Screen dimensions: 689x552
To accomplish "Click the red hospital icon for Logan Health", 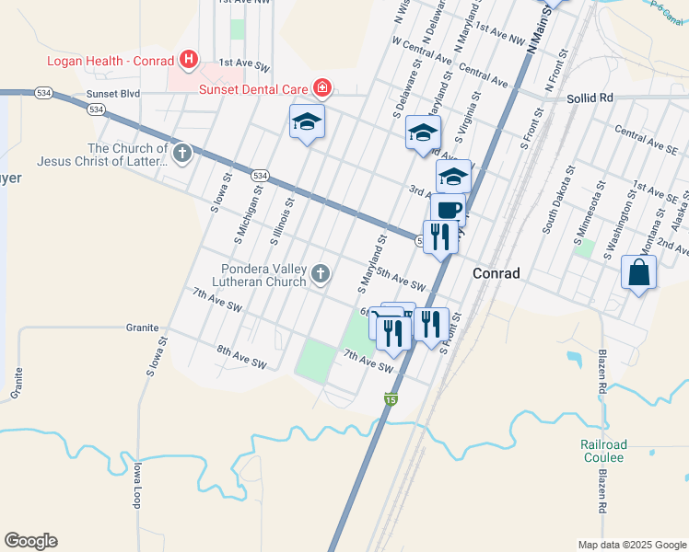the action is click(189, 61).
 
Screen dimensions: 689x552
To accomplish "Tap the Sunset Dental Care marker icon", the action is click(321, 88).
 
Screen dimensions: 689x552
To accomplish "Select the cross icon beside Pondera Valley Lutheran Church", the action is click(321, 273).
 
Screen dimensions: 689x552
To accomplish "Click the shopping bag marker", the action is click(639, 273).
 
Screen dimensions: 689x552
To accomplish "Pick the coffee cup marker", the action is click(449, 209).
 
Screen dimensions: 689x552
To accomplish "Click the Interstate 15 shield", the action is click(391, 399).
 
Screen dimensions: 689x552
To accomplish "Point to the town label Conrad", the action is click(496, 273).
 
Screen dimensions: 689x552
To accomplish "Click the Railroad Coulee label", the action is click(602, 451).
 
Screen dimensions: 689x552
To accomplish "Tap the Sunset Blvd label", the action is click(112, 94).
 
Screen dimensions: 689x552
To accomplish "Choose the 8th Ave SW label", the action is click(241, 357).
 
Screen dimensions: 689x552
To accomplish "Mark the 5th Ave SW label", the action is click(401, 280).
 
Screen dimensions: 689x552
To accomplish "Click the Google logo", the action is click(30, 541).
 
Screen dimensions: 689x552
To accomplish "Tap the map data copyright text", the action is click(632, 545).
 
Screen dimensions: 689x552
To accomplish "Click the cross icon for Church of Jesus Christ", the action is click(182, 153).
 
